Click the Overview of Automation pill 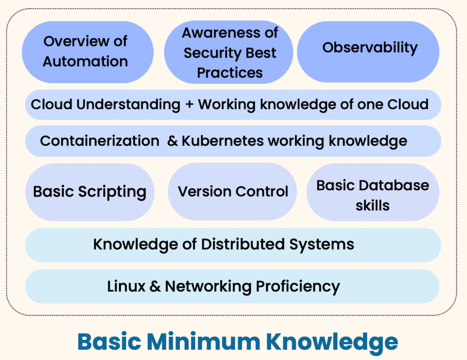(x=88, y=52)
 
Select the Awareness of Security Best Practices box (x=228, y=52)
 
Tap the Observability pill (x=368, y=52)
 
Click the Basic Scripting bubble (x=90, y=192)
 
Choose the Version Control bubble (x=232, y=192)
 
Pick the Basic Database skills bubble (x=373, y=192)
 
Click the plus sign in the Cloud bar (x=189, y=105)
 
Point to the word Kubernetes (x=223, y=141)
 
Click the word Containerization (x=100, y=141)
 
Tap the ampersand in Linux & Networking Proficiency (x=155, y=287)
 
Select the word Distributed (x=243, y=244)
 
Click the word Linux (x=126, y=287)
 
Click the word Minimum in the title (x=204, y=342)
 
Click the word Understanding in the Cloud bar (x=128, y=105)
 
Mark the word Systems (x=322, y=245)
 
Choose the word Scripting (x=112, y=192)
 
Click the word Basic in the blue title (x=109, y=342)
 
